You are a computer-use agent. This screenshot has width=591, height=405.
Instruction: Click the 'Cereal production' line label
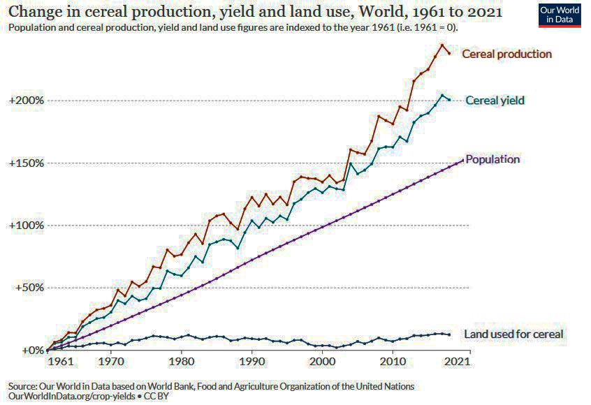(x=506, y=54)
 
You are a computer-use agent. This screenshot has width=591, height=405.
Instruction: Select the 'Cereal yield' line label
(x=495, y=101)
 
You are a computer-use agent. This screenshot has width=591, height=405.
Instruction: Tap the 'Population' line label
(x=492, y=159)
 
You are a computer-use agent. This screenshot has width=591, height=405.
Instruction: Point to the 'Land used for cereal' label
(x=513, y=334)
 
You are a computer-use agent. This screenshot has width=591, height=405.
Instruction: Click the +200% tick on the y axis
(x=26, y=101)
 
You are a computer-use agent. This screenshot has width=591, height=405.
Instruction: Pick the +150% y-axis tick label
(x=26, y=163)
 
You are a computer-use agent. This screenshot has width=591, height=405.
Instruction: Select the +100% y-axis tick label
(x=26, y=226)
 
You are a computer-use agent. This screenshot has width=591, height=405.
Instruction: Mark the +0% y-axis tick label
(x=31, y=350)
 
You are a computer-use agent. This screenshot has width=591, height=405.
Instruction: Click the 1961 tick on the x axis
(x=61, y=362)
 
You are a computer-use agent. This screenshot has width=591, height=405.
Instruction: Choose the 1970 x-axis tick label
(x=110, y=362)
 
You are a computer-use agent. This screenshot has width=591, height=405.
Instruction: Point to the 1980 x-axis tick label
(x=181, y=362)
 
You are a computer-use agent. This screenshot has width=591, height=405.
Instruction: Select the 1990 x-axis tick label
(x=251, y=362)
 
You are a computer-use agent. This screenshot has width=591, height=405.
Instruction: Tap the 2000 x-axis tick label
(x=322, y=362)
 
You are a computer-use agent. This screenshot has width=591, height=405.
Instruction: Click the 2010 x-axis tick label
(x=393, y=362)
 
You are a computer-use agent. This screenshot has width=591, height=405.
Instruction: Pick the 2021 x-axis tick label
(x=457, y=362)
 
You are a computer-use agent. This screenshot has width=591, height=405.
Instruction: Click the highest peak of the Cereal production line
(x=442, y=45)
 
